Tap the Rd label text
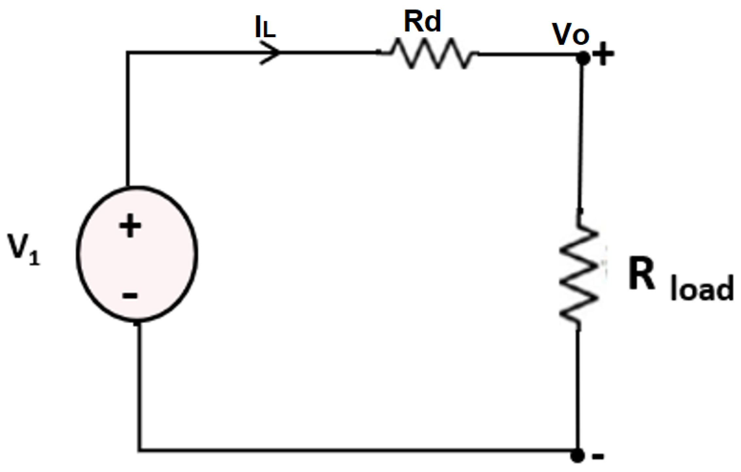(422, 22)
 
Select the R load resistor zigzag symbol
(579, 274)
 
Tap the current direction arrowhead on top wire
(271, 53)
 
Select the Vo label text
(570, 34)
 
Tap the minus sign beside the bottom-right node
(598, 456)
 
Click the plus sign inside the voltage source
(130, 226)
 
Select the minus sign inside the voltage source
(130, 296)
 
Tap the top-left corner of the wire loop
(128, 53)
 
